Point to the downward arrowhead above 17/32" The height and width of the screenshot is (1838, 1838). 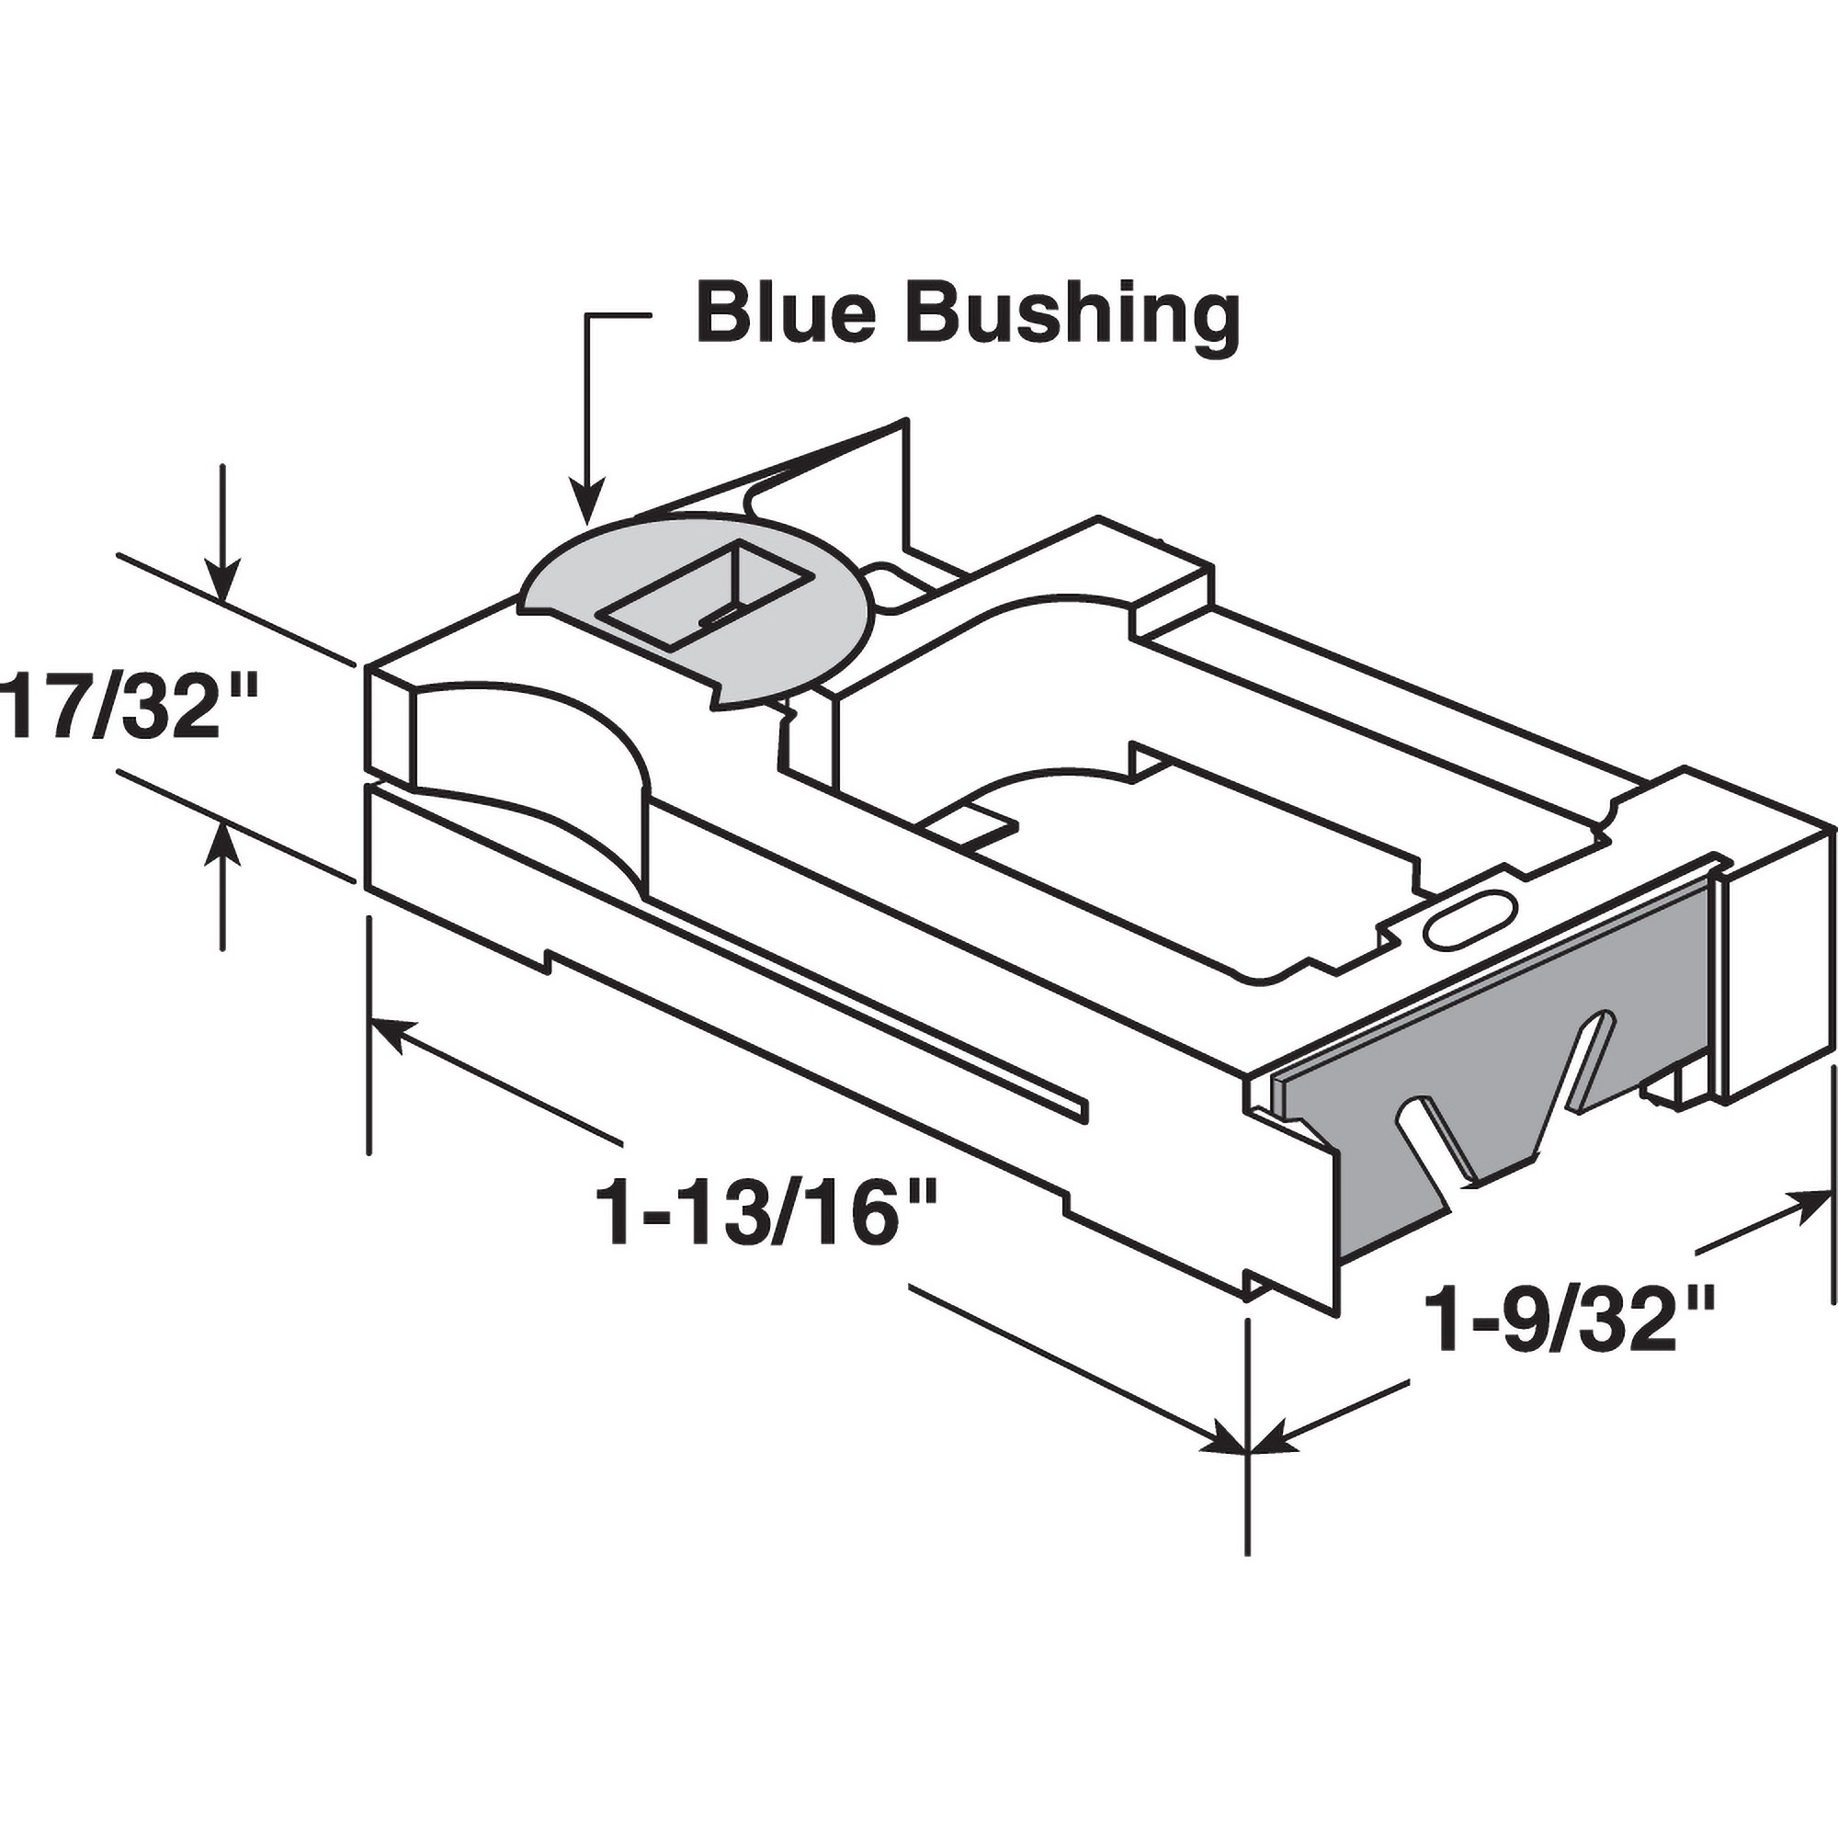click(x=222, y=584)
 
